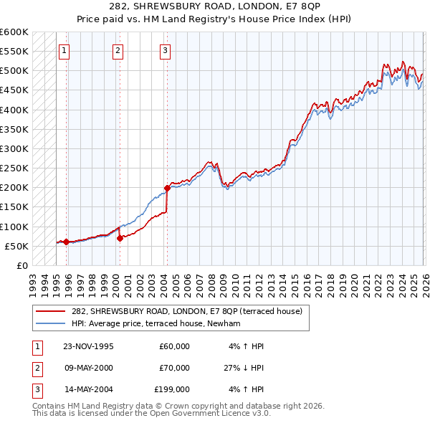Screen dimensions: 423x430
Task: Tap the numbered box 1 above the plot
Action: coord(65,50)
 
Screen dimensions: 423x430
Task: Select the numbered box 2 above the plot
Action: coord(118,50)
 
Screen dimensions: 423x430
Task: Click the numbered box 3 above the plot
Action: coord(166,50)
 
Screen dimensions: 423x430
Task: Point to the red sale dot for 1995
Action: coord(66,242)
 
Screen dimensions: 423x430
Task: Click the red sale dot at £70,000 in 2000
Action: coord(120,239)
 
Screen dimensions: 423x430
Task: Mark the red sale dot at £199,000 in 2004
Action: coord(167,188)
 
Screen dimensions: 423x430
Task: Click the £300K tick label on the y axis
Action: coord(14,148)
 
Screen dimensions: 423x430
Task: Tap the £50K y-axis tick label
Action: coord(16,246)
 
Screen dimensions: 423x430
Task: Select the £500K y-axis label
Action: coord(14,71)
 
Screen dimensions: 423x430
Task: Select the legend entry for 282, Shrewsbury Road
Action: coord(187,311)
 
